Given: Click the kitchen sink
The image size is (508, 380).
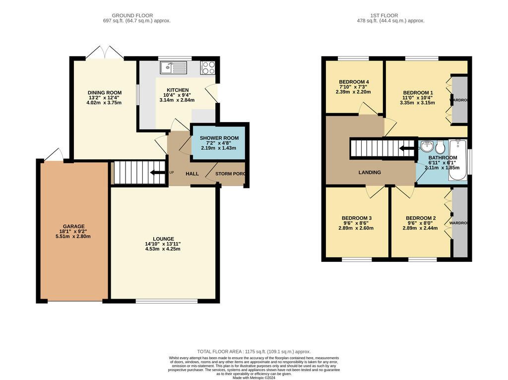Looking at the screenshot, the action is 173,67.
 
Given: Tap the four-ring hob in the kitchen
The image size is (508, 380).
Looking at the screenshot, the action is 207,67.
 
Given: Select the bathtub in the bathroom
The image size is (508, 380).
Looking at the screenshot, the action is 457,160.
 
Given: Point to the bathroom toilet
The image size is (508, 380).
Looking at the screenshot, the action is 440,147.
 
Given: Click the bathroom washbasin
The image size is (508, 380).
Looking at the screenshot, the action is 427,146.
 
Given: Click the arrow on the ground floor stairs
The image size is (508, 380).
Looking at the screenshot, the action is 158,172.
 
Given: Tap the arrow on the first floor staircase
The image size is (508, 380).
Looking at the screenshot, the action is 407,149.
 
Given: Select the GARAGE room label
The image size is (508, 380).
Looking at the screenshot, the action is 73,226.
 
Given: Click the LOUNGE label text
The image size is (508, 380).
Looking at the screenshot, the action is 164,239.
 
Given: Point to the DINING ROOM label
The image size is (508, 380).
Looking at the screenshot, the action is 105,93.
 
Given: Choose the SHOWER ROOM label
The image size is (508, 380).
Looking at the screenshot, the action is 219,138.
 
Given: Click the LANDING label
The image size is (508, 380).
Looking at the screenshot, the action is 370,172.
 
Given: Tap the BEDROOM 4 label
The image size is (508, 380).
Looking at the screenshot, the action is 354,82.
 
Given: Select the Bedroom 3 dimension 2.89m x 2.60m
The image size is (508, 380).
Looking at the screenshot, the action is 356,228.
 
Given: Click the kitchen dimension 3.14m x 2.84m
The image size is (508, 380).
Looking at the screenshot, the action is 177,100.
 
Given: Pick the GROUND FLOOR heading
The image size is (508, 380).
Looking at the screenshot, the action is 132,15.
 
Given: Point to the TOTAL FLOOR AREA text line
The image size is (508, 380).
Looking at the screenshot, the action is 254,352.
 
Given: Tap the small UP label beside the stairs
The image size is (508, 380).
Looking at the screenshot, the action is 171,172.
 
